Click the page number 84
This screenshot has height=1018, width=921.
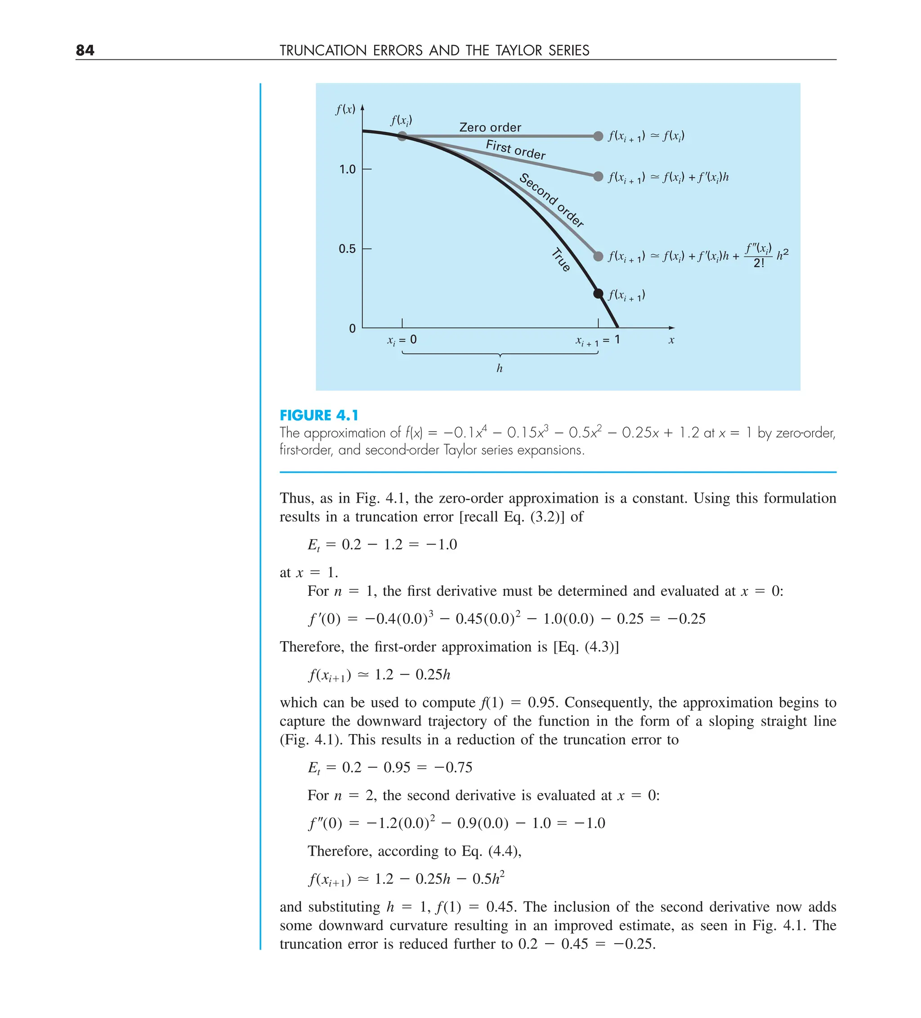tap(85, 50)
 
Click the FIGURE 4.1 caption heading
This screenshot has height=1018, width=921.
tap(319, 415)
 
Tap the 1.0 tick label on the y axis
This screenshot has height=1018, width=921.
tap(347, 169)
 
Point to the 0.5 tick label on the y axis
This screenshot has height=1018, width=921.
tap(347, 248)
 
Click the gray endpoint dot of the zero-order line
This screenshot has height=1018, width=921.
tap(598, 136)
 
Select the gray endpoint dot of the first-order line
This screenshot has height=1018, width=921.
tap(598, 176)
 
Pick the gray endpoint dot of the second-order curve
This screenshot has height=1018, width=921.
tap(598, 256)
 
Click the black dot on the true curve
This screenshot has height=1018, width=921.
tap(598, 293)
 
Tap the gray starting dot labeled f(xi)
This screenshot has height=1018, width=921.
tap(402, 136)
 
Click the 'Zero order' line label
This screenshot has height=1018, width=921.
tap(490, 127)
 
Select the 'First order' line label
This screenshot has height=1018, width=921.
tap(515, 150)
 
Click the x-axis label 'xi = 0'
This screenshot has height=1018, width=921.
tap(402, 340)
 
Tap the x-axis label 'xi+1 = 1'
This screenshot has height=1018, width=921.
tap(598, 341)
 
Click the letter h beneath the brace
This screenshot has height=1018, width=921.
tap(499, 368)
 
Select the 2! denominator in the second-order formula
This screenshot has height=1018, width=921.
tap(759, 263)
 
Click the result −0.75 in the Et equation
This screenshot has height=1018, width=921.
tap(453, 767)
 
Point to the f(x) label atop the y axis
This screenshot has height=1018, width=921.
tap(345, 109)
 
